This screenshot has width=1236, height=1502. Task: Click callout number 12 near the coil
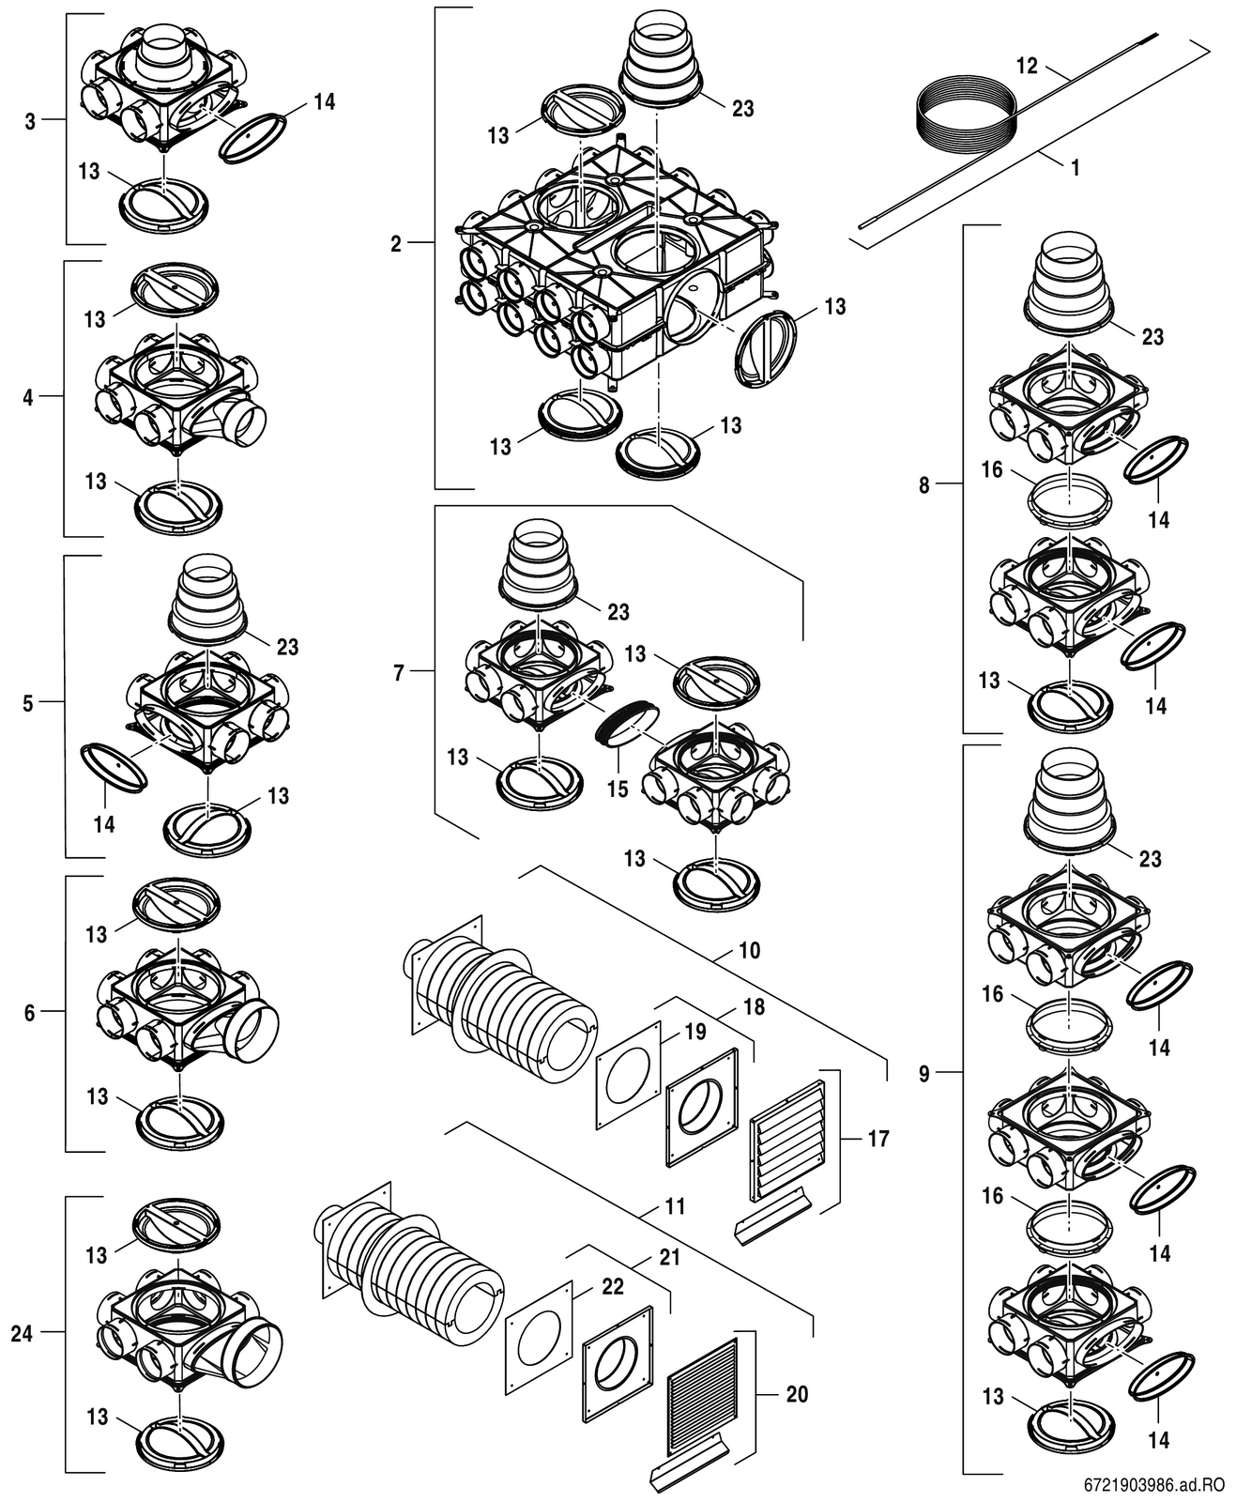click(1028, 66)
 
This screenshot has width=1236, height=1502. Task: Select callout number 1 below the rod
click(1075, 168)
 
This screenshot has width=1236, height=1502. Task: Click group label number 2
click(396, 244)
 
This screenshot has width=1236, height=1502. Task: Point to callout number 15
click(617, 789)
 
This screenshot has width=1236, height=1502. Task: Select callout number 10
click(749, 950)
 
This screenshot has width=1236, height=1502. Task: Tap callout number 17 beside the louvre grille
click(877, 1139)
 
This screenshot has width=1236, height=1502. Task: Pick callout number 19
click(694, 1032)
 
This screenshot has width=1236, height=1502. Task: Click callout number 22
click(612, 1286)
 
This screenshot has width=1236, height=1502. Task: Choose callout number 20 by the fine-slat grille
click(796, 1394)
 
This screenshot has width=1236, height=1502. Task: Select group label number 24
click(22, 1333)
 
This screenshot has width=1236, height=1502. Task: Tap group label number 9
click(923, 1073)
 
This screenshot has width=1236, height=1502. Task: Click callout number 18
click(754, 1007)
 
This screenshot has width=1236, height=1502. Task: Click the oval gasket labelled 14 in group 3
click(253, 138)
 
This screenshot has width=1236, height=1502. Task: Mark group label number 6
click(29, 1013)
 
